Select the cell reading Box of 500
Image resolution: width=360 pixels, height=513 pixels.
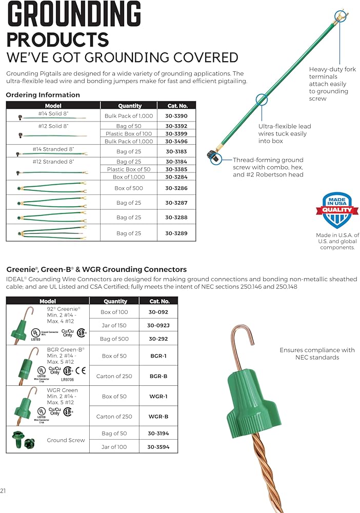click(x=128, y=188)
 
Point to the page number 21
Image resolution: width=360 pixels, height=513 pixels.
click(x=4, y=491)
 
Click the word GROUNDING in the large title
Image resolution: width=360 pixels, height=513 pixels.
click(x=74, y=16)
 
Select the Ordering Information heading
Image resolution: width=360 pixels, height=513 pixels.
click(x=43, y=95)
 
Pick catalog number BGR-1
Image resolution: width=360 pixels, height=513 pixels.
click(x=158, y=356)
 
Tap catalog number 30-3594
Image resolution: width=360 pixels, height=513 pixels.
click(x=158, y=447)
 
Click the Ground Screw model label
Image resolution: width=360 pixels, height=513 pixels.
click(x=66, y=440)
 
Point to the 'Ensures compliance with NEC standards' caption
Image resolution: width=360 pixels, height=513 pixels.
click(x=317, y=353)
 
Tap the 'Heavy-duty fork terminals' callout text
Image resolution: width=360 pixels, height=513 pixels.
click(x=328, y=84)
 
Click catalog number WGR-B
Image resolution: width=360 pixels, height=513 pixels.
click(x=158, y=417)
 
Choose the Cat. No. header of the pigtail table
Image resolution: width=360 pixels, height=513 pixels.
click(x=177, y=106)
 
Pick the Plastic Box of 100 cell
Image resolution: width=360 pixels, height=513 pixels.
click(x=128, y=133)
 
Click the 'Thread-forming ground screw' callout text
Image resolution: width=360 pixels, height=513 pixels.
click(x=268, y=167)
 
